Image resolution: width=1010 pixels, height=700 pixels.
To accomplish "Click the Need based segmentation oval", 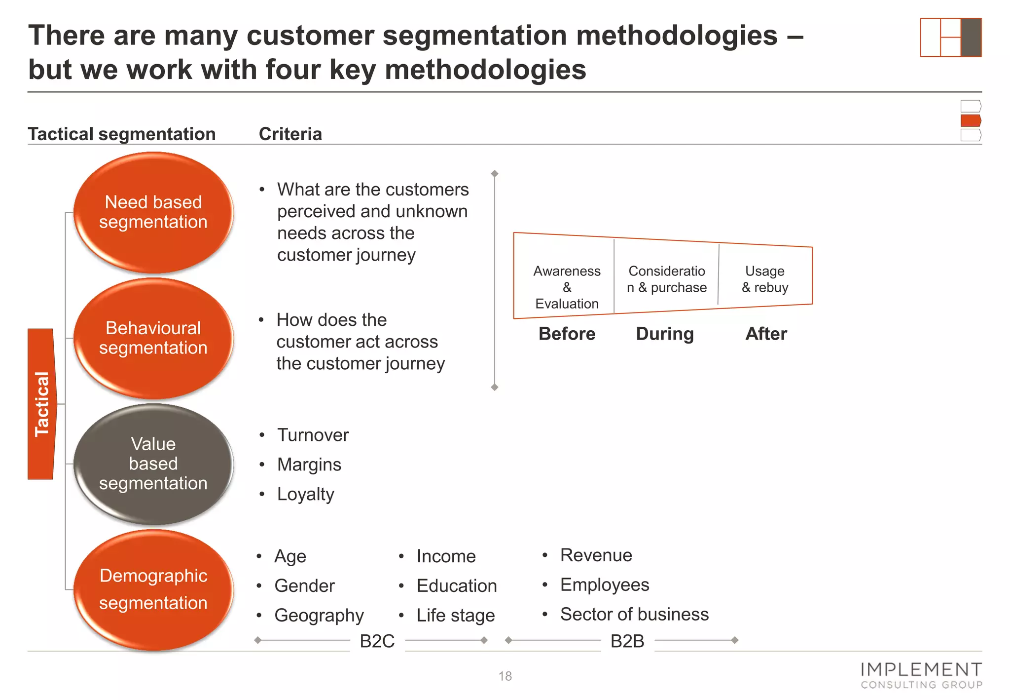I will pos(153,212).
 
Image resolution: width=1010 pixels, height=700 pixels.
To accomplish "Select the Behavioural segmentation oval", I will pos(153,338).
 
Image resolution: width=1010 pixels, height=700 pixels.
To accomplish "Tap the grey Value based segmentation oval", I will pos(153,464).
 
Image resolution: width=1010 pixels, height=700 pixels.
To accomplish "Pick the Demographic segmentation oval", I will pos(153,589).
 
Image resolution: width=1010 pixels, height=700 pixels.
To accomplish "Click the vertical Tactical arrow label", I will pos(42,404).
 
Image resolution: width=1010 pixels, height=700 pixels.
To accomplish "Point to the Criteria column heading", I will pos(290,134).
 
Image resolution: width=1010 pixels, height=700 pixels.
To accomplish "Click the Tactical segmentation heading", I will pos(121,134).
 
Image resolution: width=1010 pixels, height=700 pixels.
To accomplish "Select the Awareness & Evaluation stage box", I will pos(566,287).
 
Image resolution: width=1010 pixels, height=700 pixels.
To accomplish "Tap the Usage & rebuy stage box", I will pos(764,279).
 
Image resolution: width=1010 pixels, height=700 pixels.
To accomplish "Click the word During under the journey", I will pos(665,334).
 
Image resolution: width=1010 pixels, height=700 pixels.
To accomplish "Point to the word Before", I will pos(567,334).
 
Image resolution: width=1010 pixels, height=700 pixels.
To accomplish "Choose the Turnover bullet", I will pos(313,435).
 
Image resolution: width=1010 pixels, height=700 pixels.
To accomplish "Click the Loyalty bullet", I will pos(305,494).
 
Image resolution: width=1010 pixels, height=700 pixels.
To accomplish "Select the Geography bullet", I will pos(319,615).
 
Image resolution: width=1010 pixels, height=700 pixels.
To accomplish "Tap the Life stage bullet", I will pos(455,615).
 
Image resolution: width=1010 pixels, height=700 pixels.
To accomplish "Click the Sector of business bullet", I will pos(634,614).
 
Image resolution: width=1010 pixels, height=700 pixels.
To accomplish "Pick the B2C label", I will pos(377,641).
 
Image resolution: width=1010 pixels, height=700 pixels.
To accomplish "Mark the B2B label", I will pos(627,641).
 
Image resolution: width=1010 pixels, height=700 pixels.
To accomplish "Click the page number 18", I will pos(505,676).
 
